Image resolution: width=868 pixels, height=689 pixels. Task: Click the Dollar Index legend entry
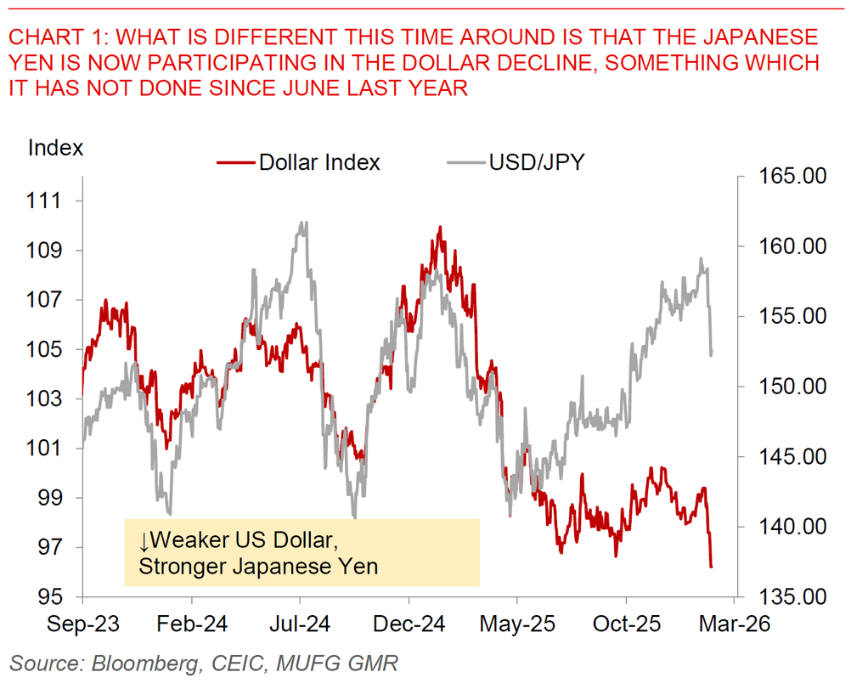click(x=318, y=162)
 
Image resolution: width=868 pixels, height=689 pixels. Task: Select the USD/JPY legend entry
click(x=536, y=161)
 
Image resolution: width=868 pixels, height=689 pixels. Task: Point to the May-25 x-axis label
click(x=517, y=624)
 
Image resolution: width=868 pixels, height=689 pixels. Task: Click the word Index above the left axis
click(x=56, y=147)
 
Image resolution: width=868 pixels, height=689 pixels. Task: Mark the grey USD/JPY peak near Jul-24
click(x=303, y=223)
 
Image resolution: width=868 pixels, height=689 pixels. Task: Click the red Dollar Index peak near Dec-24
click(x=439, y=228)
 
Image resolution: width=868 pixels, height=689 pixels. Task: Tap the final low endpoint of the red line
click(x=711, y=566)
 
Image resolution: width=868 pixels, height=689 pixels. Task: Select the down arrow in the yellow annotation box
click(x=145, y=542)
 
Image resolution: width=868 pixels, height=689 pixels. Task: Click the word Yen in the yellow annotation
click(x=358, y=566)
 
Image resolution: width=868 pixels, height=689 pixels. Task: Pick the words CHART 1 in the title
click(x=53, y=37)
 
